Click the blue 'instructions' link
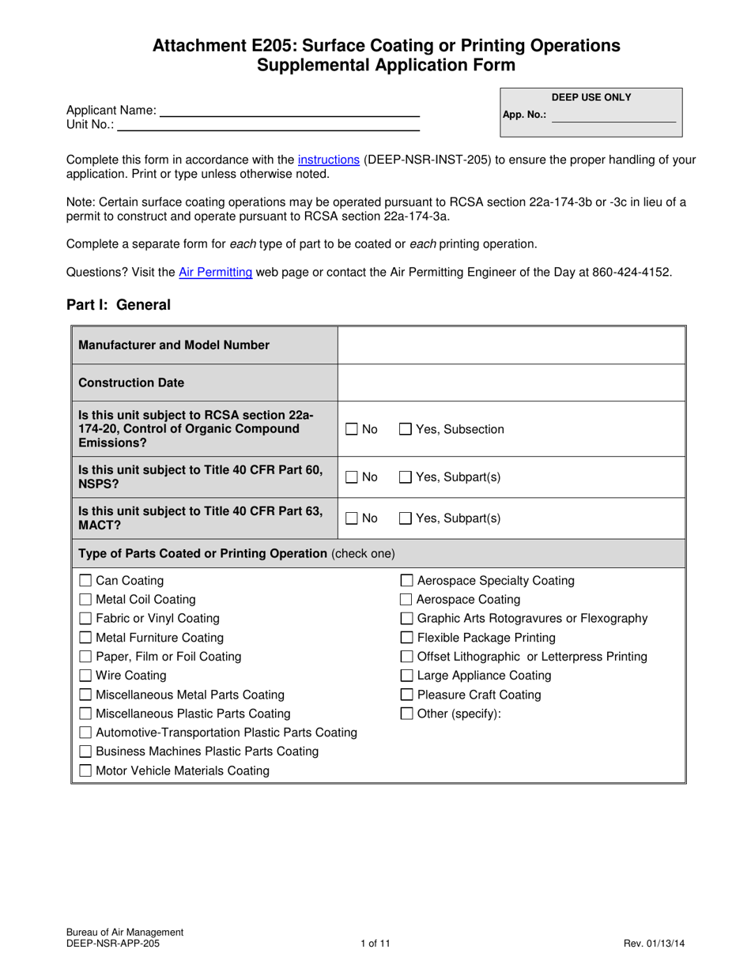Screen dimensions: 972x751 coord(329,160)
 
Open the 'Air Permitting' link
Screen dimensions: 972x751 coord(216,273)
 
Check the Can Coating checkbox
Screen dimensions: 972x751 coord(87,581)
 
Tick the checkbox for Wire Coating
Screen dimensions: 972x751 coord(87,676)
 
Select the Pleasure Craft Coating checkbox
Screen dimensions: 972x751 coord(407,695)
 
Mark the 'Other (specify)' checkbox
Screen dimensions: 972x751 coord(407,714)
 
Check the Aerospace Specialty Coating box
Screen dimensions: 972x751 coord(407,581)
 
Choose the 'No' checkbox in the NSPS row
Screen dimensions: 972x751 coord(352,477)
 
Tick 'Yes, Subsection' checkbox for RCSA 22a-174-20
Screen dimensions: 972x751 coord(406,429)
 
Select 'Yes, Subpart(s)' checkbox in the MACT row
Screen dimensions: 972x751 coord(406,518)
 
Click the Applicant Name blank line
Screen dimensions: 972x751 coord(289,111)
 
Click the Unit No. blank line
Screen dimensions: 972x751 coord(268,125)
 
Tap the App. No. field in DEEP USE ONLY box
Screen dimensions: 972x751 coord(613,115)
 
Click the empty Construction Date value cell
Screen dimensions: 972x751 coord(511,382)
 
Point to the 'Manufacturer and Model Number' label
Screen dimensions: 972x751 coord(174,345)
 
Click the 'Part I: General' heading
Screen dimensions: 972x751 coord(119,305)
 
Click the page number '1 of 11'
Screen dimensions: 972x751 coord(375,943)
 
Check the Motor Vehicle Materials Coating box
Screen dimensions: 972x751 coord(87,770)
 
